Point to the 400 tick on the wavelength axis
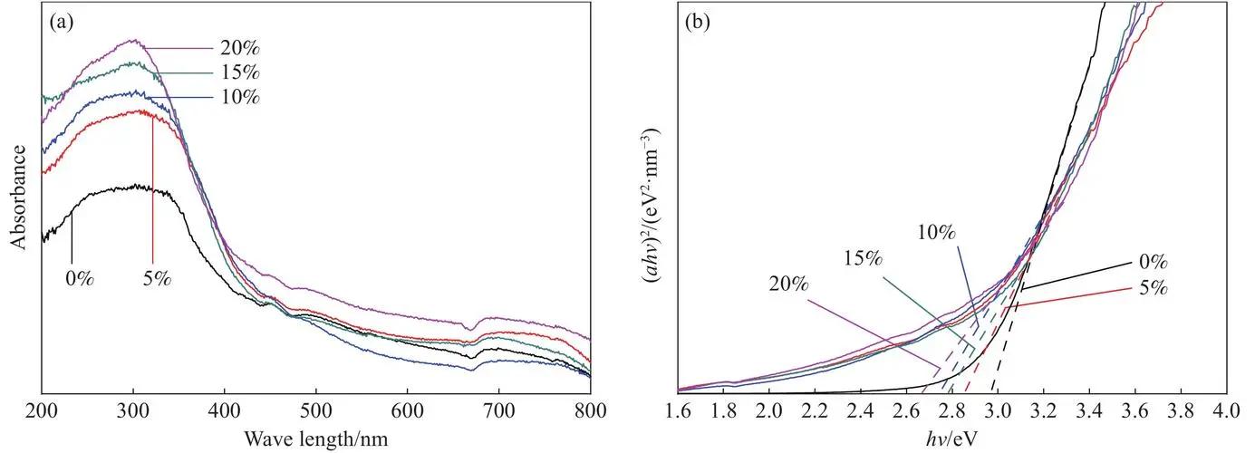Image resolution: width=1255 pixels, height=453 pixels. pos(224,411)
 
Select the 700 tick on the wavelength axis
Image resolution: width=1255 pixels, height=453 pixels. pos(498,411)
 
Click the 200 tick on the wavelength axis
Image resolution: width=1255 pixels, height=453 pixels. pos(42,411)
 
